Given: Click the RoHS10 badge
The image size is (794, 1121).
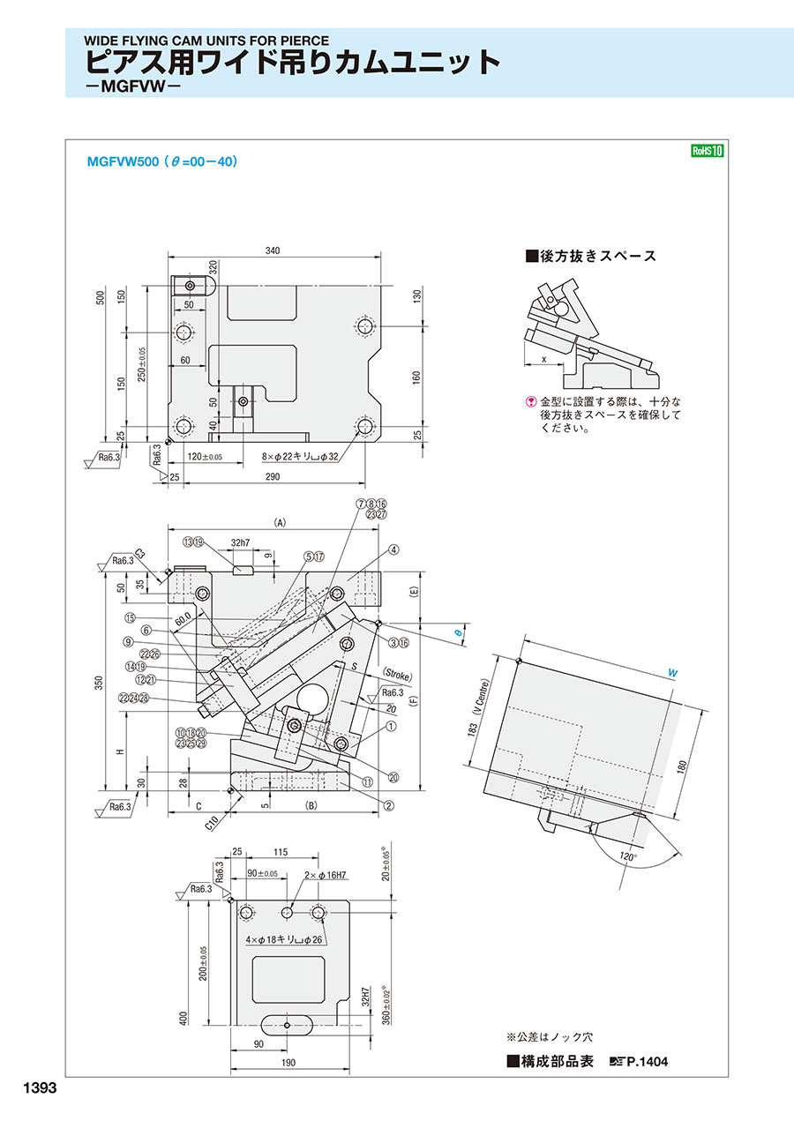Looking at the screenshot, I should pyautogui.click(x=707, y=151).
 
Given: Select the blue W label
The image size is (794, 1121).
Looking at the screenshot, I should pyautogui.click(x=673, y=673).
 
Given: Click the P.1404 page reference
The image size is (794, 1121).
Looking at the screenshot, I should pyautogui.click(x=648, y=1062).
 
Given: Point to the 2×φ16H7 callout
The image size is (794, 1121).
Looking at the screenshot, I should pyautogui.click(x=325, y=876).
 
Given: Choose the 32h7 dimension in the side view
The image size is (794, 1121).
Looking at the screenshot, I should pyautogui.click(x=241, y=543).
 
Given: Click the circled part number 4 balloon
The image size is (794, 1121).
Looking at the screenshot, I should pyautogui.click(x=393, y=549).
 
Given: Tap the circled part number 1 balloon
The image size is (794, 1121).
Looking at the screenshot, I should pyautogui.click(x=389, y=727).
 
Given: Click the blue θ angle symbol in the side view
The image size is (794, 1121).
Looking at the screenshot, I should pyautogui.click(x=457, y=632).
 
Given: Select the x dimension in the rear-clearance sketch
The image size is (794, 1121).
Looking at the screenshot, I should pyautogui.click(x=543, y=360).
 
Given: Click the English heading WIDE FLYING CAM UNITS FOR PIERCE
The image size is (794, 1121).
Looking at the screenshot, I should pyautogui.click(x=206, y=41).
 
